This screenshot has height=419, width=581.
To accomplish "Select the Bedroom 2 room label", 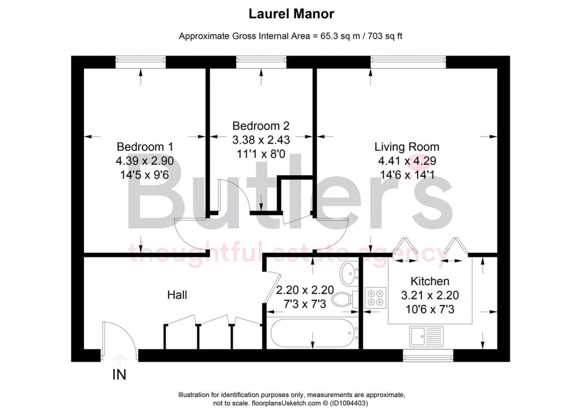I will pos(260,125).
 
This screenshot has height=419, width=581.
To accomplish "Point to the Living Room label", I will pos(406,147).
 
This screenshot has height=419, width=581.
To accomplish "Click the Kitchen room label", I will pos(430,281).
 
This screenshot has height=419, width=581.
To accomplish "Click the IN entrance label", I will pos(119,375).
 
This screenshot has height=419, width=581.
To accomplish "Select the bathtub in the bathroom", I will pos(313,333).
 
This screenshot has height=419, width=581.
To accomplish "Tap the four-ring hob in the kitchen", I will pos(375,298).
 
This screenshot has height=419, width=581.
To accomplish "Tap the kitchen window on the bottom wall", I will pos(428,355).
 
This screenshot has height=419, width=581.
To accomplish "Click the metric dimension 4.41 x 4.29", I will pos(406,161).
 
